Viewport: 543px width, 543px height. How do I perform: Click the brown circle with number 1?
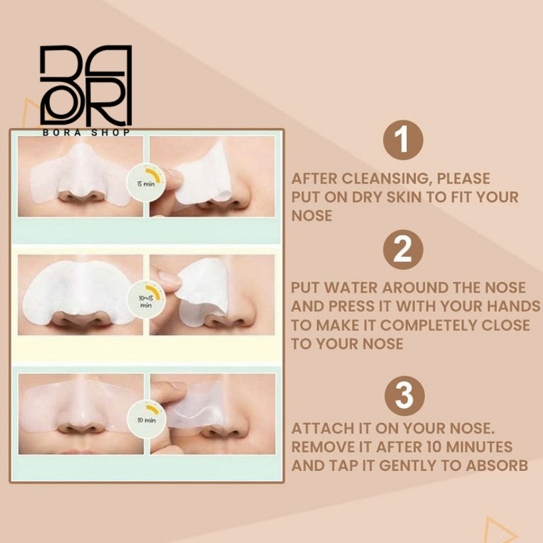(x=403, y=140)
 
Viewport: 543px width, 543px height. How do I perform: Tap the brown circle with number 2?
(x=403, y=249)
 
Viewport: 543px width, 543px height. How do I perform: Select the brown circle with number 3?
(x=405, y=396)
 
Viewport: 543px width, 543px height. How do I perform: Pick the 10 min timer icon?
(x=146, y=418)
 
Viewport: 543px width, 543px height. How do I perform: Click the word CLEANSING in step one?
(x=384, y=178)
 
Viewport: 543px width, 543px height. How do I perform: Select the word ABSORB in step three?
(x=496, y=466)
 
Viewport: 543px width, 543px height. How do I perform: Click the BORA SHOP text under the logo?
(x=86, y=132)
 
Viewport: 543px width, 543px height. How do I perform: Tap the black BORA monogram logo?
(x=86, y=85)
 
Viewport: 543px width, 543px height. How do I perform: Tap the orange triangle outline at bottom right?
(x=498, y=531)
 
